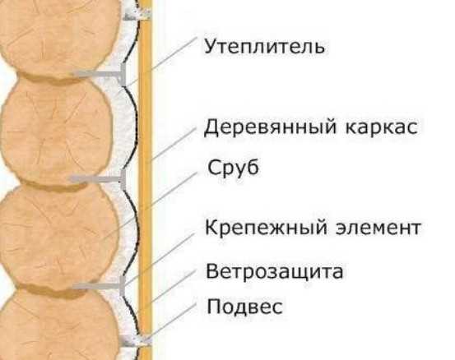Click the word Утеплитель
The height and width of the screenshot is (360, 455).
point(264,46)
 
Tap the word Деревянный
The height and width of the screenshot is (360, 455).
point(270,127)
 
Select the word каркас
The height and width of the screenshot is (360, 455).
point(382,127)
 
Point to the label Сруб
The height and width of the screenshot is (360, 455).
point(233,168)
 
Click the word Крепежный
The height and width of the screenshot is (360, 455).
point(266,228)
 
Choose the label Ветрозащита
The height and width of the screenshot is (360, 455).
point(274,271)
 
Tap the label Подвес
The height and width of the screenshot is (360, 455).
point(244,307)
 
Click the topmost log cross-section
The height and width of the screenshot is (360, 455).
point(59,38)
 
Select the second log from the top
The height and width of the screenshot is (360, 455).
point(57,131)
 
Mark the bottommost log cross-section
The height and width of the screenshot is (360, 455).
point(59,325)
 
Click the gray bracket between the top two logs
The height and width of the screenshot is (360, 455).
point(100,75)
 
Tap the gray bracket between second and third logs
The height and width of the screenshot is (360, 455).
point(97,180)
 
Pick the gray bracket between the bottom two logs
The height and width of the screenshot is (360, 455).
point(99,286)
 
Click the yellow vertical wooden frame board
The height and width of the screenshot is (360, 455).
point(145,180)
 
